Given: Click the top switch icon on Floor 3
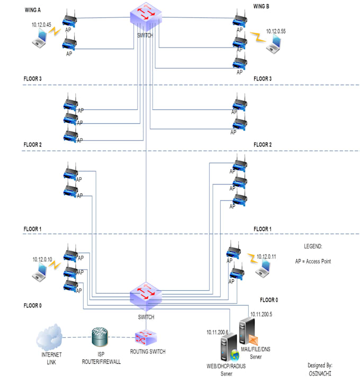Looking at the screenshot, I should pyautogui.click(x=146, y=17).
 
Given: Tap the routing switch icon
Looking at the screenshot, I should pyautogui.click(x=143, y=338).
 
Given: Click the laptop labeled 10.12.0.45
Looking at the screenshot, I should pyautogui.click(x=39, y=38).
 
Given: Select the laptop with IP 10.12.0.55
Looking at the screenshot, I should pyautogui.click(x=274, y=45).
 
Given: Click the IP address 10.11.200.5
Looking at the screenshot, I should pyautogui.click(x=260, y=314).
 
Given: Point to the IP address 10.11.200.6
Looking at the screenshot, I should pyautogui.click(x=217, y=332).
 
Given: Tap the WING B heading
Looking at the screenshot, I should pyautogui.click(x=261, y=7).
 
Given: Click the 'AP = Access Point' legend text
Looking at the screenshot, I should pyautogui.click(x=313, y=261).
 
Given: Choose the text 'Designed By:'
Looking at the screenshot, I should pyautogui.click(x=320, y=365).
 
